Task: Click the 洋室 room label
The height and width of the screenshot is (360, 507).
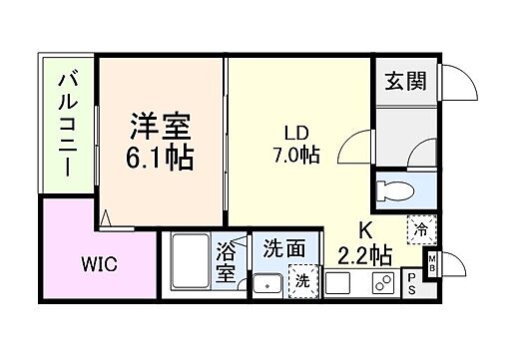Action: pyautogui.click(x=159, y=129)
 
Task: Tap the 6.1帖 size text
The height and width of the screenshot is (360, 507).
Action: pyautogui.click(x=160, y=157)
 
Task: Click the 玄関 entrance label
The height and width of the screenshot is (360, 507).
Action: pyautogui.click(x=405, y=81)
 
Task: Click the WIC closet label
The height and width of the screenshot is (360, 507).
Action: pyautogui.click(x=100, y=265)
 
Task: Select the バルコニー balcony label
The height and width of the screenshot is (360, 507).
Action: pyautogui.click(x=68, y=124)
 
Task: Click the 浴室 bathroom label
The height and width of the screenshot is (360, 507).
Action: pyautogui.click(x=225, y=259)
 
